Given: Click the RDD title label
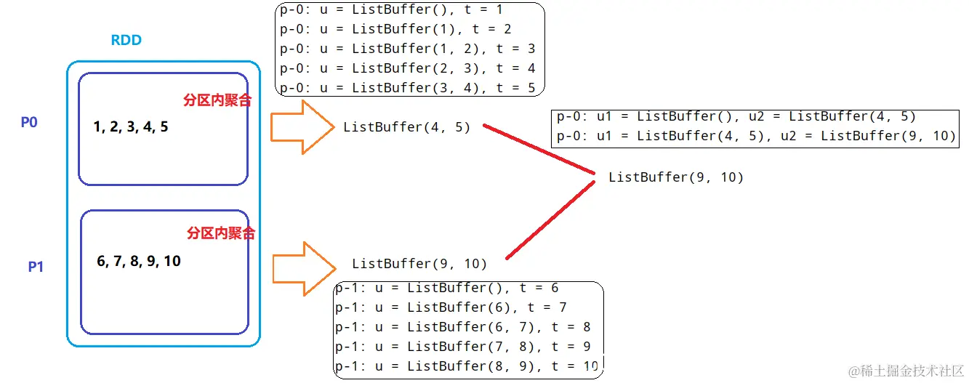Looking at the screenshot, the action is [x=126, y=41].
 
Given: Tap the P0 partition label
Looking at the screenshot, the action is [x=29, y=122].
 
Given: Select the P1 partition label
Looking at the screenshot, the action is [x=36, y=267].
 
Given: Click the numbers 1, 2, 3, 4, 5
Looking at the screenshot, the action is [x=131, y=127].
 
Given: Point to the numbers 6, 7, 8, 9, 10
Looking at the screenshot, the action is [x=139, y=261].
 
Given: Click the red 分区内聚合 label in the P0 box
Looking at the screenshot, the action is [x=217, y=100].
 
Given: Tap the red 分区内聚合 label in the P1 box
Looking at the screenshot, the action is [x=221, y=233].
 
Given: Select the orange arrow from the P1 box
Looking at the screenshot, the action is [x=302, y=268].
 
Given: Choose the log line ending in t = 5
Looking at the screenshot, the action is [x=407, y=88].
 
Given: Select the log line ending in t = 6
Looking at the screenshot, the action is [x=446, y=288].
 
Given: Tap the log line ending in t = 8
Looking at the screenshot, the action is [x=462, y=327].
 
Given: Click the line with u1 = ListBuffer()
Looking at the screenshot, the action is [x=736, y=116].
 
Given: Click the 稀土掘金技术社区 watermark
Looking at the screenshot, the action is [x=906, y=371].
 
